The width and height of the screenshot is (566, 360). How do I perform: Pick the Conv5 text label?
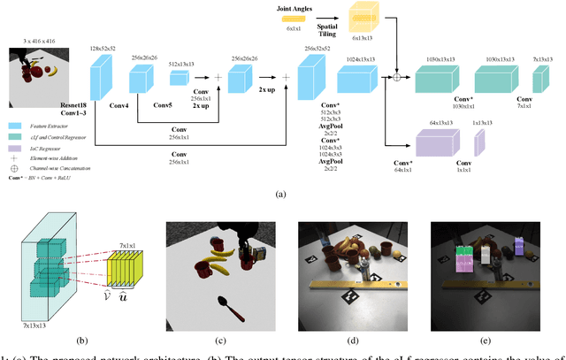(187, 105)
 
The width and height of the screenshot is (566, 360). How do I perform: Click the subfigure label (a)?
(281, 194)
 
